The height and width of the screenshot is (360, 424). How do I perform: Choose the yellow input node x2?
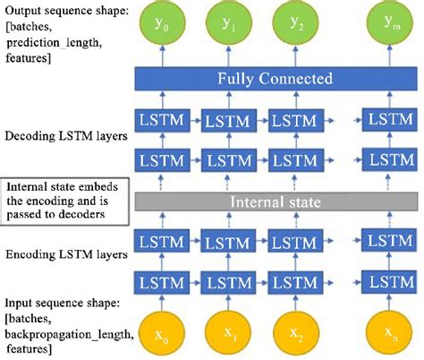coord(295,334)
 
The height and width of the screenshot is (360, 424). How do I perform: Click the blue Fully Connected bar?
coord(277,79)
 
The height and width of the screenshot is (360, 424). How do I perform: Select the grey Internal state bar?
coord(277,202)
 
